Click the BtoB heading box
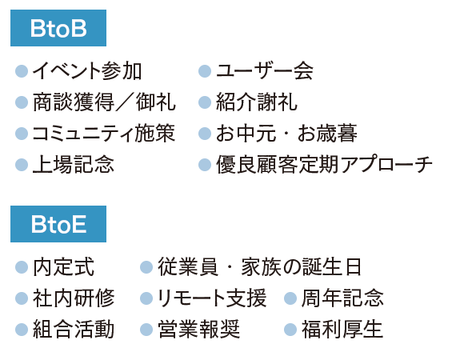(x=58, y=28)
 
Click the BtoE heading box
(x=58, y=224)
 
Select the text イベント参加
(x=87, y=71)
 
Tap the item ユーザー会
(x=265, y=71)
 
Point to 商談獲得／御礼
(x=104, y=102)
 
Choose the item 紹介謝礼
(x=257, y=102)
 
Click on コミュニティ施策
(x=104, y=134)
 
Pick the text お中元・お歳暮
(x=287, y=134)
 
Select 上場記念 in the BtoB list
(x=74, y=165)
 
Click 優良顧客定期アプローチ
(x=324, y=165)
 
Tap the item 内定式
(x=63, y=267)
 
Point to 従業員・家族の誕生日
(x=259, y=267)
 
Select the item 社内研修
(x=74, y=298)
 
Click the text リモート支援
(x=212, y=298)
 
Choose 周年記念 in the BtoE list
(x=342, y=298)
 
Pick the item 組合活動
(x=74, y=330)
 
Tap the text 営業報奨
(x=198, y=330)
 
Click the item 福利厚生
(x=342, y=330)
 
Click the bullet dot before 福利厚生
(x=290, y=330)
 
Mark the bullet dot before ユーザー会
(x=205, y=71)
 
